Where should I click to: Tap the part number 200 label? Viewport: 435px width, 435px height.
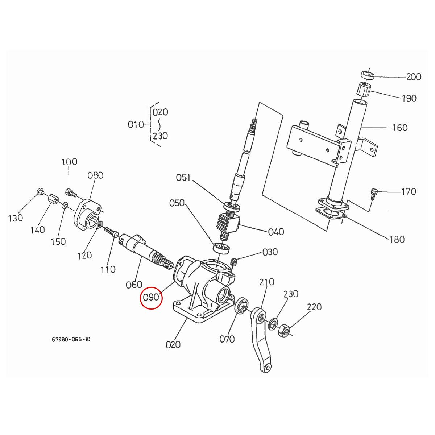pyautogui.click(x=414, y=77)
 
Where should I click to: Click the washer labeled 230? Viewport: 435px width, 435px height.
pyautogui.click(x=273, y=324)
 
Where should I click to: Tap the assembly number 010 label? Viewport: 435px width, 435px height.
pyautogui.click(x=136, y=125)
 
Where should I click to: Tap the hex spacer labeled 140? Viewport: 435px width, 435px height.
pyautogui.click(x=53, y=199)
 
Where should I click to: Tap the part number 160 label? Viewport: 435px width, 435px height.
pyautogui.click(x=400, y=128)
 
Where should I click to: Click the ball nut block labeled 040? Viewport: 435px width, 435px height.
pyautogui.click(x=229, y=223)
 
